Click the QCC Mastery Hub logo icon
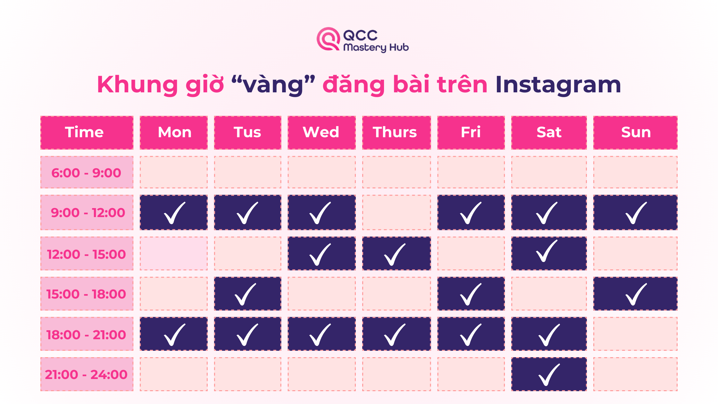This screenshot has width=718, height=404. pyautogui.click(x=328, y=39)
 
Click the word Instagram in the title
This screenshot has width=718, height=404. pyautogui.click(x=558, y=85)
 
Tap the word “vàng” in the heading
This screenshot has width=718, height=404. pyautogui.click(x=273, y=85)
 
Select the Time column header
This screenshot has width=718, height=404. pyautogui.click(x=87, y=132)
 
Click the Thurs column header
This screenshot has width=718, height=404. pyautogui.click(x=397, y=132)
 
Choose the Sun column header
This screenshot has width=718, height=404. pyautogui.click(x=635, y=132)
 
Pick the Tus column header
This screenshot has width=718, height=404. pyautogui.click(x=247, y=132)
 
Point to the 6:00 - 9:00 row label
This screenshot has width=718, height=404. pyautogui.click(x=87, y=173)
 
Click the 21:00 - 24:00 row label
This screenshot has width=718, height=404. pyautogui.click(x=87, y=374)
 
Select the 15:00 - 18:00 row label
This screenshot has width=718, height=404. pyautogui.click(x=87, y=294)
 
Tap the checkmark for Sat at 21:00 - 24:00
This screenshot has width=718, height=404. pyautogui.click(x=549, y=375)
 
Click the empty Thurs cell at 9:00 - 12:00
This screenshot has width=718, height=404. pyautogui.click(x=397, y=212)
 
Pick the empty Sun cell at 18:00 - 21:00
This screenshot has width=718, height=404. pyautogui.click(x=635, y=334)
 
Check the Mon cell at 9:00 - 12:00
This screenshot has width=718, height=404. pyautogui.click(x=174, y=212)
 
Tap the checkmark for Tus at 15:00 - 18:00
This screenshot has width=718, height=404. pyautogui.click(x=246, y=294)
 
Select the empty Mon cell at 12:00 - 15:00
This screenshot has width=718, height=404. pyautogui.click(x=174, y=253)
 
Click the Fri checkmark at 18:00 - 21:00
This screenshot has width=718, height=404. pyautogui.click(x=471, y=335)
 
